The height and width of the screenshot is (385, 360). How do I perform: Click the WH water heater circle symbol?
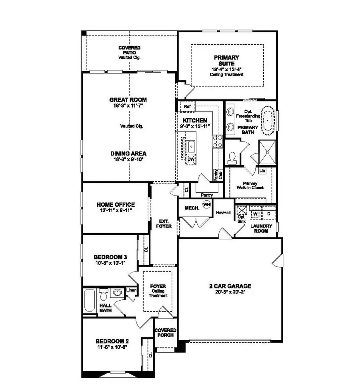pyautogui.click(x=206, y=204)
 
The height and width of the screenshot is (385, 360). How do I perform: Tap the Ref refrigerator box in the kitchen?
pyautogui.click(x=186, y=107)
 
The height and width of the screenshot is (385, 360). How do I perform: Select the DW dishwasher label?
pyautogui.click(x=192, y=159)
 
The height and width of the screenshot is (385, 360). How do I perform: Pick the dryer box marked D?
pyautogui.click(x=269, y=213)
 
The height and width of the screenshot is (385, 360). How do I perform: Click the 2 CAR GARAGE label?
pyautogui.click(x=230, y=286)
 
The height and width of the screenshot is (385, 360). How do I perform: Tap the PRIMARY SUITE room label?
pyautogui.click(x=226, y=60)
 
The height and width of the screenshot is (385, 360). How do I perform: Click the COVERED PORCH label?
pyautogui.click(x=166, y=332)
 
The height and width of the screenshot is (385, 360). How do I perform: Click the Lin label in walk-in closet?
pyautogui.click(x=262, y=171)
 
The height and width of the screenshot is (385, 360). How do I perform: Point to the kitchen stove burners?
pyautogui.click(x=217, y=142)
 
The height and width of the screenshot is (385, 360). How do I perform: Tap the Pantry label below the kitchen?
pyautogui.click(x=207, y=195)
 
